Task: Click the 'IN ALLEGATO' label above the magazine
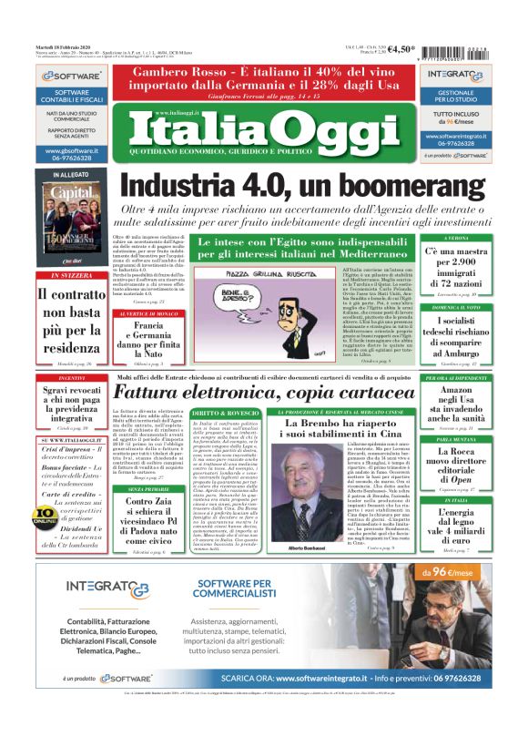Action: click(71, 174)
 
